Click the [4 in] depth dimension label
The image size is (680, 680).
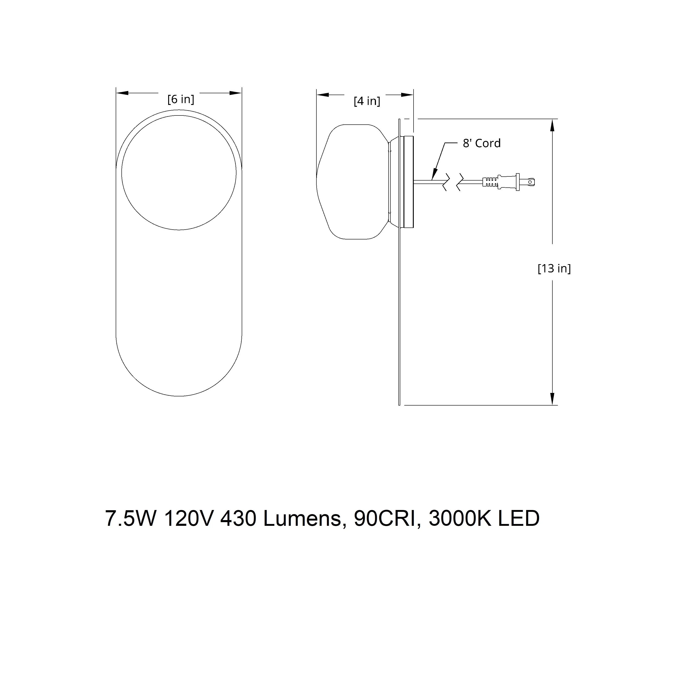click(x=367, y=101)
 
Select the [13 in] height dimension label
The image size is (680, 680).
click(x=554, y=269)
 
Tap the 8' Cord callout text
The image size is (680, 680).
click(x=482, y=143)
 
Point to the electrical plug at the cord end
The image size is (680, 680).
click(x=509, y=182)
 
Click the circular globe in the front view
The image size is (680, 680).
click(x=179, y=173)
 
